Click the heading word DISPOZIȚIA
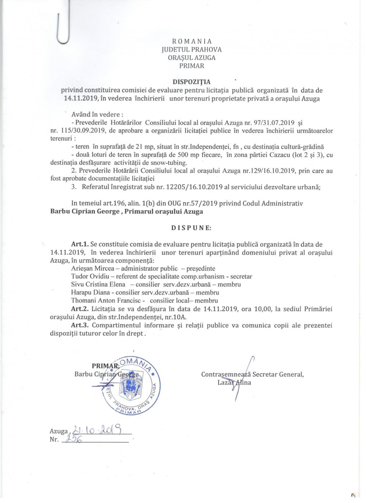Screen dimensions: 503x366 [x=192, y=82]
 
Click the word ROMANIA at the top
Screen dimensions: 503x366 [x=192, y=41]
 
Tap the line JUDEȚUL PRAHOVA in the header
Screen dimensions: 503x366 [x=192, y=50]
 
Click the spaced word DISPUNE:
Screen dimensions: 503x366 [x=191, y=228]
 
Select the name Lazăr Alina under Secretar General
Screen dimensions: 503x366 [x=234, y=383]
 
